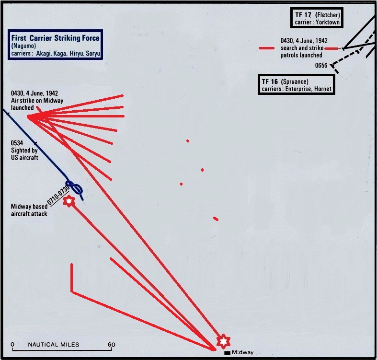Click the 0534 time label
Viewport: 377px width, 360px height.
click(x=17, y=143)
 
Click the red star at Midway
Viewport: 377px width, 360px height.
click(x=223, y=341)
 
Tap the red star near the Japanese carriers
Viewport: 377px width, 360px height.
click(x=69, y=201)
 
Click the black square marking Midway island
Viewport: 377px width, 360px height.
click(x=227, y=353)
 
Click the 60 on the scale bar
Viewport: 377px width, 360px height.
click(x=111, y=344)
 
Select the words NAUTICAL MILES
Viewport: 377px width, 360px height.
click(x=54, y=344)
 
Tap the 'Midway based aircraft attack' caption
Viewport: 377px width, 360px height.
click(x=29, y=210)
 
